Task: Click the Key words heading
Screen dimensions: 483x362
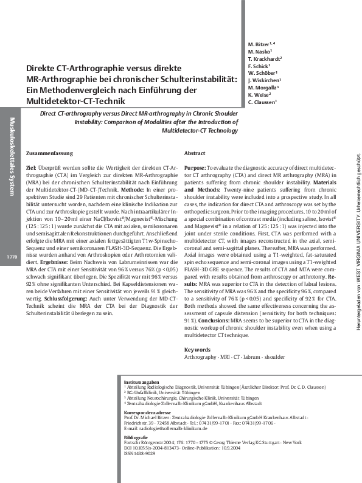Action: (197, 350)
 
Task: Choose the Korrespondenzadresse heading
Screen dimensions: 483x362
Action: (147, 411)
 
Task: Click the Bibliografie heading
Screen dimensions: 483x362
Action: (135, 437)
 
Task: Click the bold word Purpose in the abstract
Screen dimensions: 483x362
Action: (194, 166)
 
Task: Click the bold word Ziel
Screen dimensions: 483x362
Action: (32, 166)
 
